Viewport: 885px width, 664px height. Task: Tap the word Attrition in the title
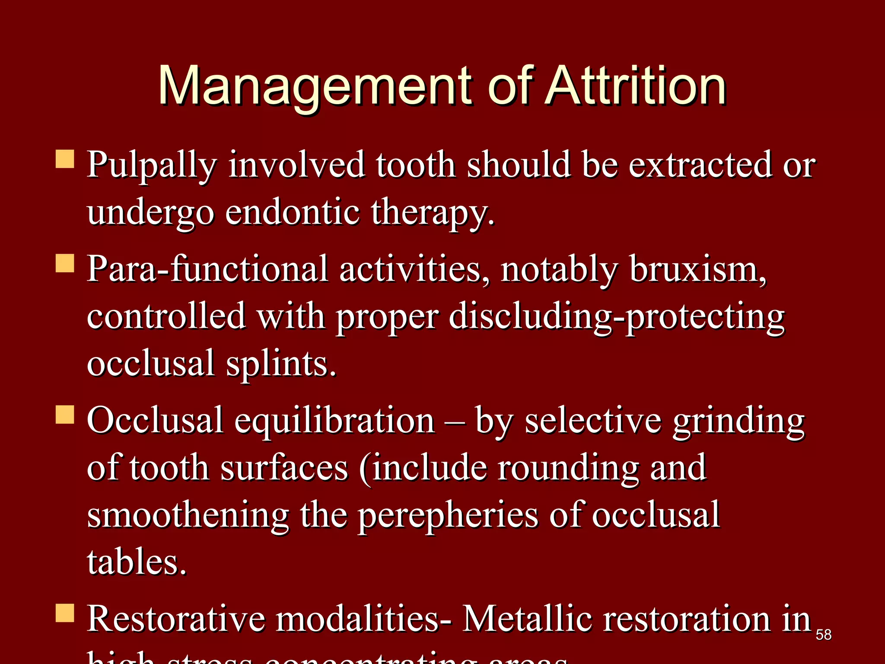point(635,86)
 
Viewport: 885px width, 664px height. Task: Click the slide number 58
point(824,635)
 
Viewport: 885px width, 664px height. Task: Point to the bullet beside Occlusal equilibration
point(65,414)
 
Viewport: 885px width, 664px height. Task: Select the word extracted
point(700,165)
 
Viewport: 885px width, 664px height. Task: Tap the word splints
point(281,364)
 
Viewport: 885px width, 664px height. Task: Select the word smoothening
point(188,515)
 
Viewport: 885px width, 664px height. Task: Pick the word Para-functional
point(207,269)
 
